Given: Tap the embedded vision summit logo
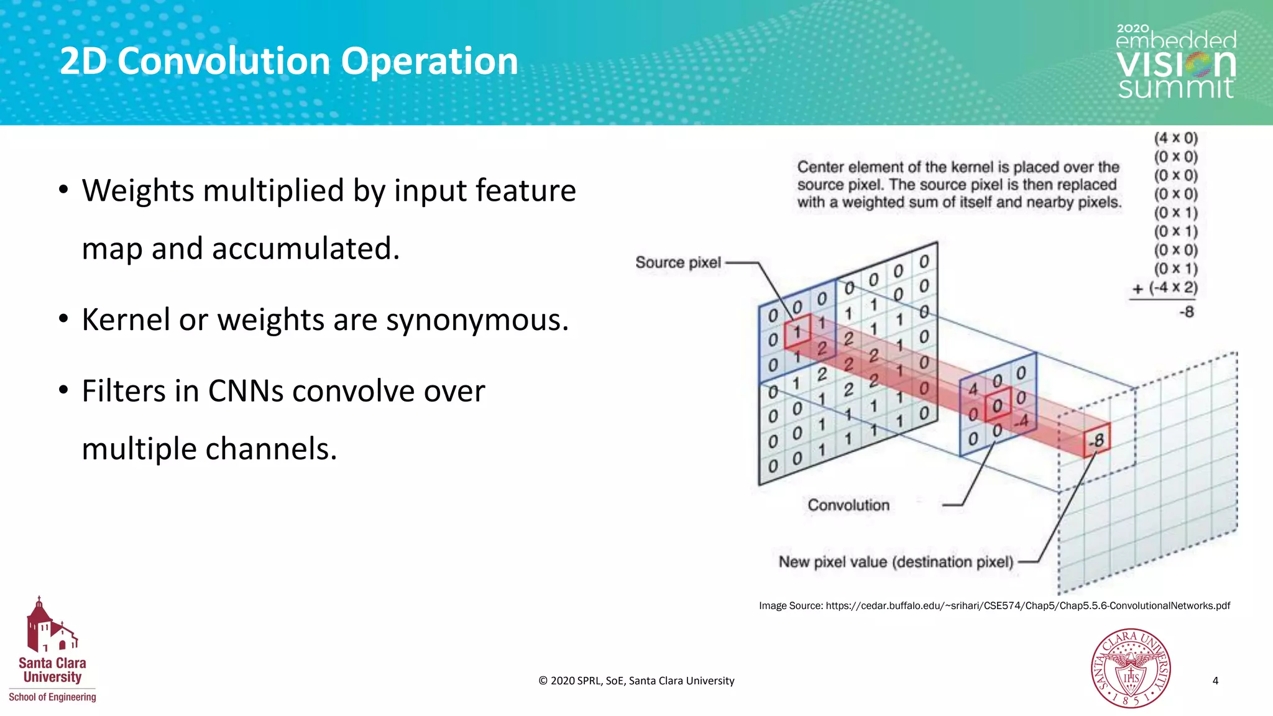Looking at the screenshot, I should click(1175, 62).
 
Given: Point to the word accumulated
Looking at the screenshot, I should click(305, 249).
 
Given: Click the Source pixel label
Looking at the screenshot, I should click(678, 263).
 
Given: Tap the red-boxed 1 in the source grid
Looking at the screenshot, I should click(797, 332).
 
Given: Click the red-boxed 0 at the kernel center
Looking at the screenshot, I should click(997, 406).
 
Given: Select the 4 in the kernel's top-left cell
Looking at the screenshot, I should click(973, 389).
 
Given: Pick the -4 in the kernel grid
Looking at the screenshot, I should click(1021, 422).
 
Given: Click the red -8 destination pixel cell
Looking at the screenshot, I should click(1097, 441).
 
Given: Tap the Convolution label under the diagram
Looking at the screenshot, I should click(848, 505).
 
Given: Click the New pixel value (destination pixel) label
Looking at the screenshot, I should click(896, 562).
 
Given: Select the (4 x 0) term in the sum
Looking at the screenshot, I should click(1175, 138).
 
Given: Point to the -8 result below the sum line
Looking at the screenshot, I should click(1186, 312).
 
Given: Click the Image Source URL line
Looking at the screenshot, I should click(994, 606).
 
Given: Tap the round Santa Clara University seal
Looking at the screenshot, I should click(1131, 668).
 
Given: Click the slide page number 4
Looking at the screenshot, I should click(1215, 681).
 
